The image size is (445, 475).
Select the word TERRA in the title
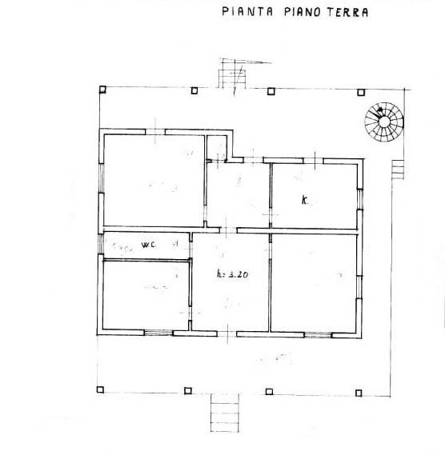345,13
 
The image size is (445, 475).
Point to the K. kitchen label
305,201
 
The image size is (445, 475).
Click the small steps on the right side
397,170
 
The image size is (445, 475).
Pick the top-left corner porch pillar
102,90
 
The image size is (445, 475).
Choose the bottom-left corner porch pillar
101,389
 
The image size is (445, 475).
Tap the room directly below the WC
146,294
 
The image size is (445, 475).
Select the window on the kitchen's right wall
359,196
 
